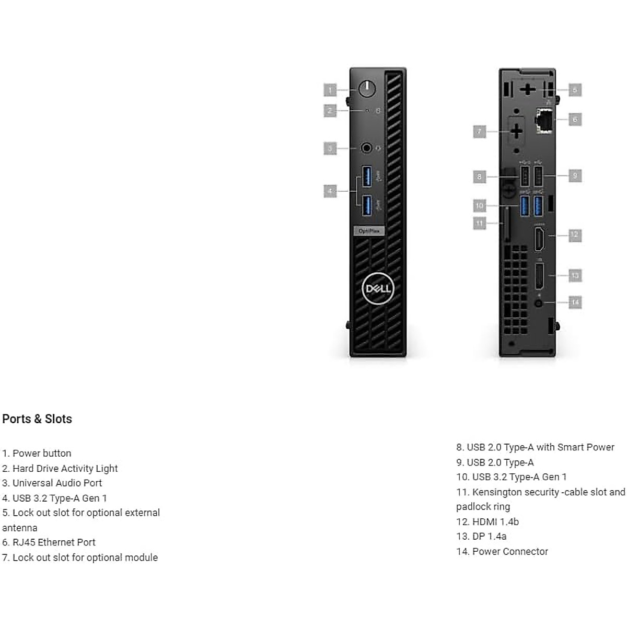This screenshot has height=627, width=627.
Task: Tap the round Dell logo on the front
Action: pos(377,288)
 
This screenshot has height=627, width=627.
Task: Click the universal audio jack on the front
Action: pos(367,148)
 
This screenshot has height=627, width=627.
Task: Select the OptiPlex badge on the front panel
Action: pos(369,231)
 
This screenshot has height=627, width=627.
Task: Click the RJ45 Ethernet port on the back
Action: pos(543,120)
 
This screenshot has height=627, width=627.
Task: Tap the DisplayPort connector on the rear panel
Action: pos(539,276)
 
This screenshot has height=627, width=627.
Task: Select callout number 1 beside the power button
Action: pos(330,90)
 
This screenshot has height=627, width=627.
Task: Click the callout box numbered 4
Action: pos(330,191)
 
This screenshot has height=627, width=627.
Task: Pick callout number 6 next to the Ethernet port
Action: pos(575,120)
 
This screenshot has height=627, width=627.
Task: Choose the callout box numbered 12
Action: pos(575,235)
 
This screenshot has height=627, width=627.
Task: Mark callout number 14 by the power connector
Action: pos(575,302)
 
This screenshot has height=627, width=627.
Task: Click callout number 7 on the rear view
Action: pos(479,131)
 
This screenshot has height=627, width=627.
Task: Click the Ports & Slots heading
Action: pos(37,419)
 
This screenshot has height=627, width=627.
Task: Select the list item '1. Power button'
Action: pos(37,454)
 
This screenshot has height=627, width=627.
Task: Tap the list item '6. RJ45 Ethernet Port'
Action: pos(49,542)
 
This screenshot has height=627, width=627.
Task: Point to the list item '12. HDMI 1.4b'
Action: pos(487,521)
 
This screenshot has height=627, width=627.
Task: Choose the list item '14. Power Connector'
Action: pos(502,551)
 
